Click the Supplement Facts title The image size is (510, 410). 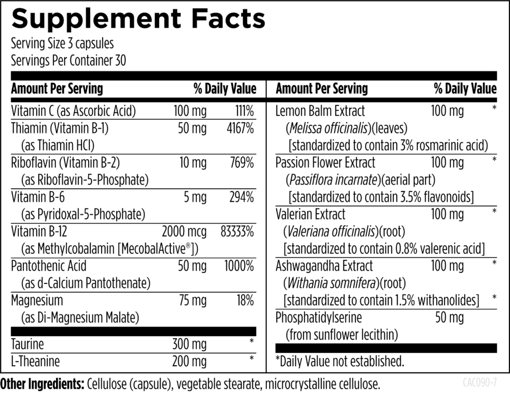pos(138,19)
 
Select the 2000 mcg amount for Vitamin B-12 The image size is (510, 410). pos(184,232)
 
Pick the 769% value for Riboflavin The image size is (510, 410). pos(241,163)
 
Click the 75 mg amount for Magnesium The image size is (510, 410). pos(192,300)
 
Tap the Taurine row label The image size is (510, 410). pos(28,344)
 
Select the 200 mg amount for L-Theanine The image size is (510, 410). pos(190,362)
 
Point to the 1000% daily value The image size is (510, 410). pos(239,266)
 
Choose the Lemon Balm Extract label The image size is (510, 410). pos(320,111)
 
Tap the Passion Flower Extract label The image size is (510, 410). pos(325,163)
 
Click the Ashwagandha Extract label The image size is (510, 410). pos(324,266)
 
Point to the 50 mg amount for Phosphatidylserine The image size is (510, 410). pos(449,318)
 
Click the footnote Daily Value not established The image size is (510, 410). pos(340,362)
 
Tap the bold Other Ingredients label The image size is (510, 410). pos(42,384)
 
